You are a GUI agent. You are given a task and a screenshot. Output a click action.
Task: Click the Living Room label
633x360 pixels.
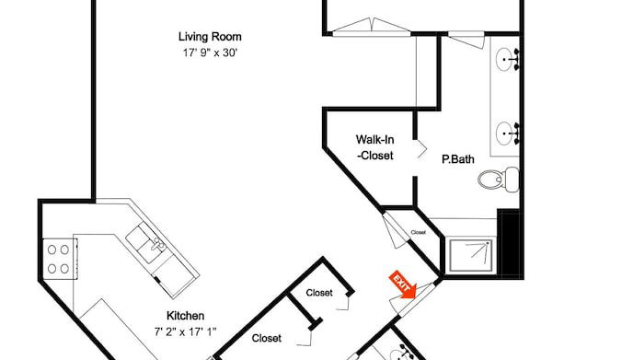[210, 37]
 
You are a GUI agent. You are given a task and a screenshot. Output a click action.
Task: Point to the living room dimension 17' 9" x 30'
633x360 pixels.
[210, 52]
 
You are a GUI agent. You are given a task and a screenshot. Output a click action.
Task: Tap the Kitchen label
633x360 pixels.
[185, 316]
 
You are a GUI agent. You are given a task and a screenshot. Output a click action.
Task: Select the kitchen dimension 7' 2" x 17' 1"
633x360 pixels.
[185, 332]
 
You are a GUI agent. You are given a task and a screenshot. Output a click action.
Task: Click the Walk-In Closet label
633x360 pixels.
[375, 147]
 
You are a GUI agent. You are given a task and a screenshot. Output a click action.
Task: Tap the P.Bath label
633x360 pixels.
[458, 159]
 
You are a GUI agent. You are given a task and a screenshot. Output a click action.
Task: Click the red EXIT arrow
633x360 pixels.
[402, 285]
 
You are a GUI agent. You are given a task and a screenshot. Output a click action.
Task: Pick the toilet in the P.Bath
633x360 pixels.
[499, 180]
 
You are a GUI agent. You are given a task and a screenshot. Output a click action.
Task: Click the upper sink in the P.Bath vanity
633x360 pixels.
[504, 59]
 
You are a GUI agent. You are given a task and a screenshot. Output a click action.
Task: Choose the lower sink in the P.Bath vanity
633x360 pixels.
[504, 134]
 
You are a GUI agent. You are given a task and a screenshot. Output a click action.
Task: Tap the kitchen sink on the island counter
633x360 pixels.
[146, 244]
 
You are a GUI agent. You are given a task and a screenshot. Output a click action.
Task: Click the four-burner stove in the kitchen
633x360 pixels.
[59, 259]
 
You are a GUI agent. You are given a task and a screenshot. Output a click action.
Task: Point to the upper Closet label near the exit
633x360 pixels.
[319, 293]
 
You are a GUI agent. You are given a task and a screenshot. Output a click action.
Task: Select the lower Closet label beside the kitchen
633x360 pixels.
[267, 338]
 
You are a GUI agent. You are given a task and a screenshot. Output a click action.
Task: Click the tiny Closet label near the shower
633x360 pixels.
[419, 232]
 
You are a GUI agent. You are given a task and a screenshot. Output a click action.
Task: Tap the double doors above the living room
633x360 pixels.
[372, 27]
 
